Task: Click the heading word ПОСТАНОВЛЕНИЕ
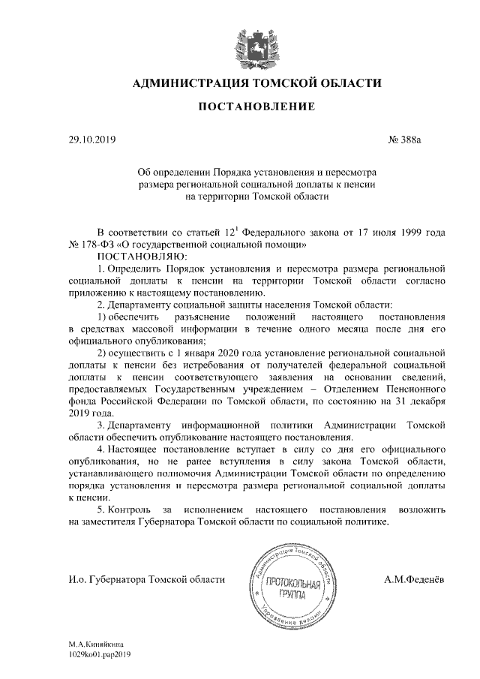(x=256, y=107)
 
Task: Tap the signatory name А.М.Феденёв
(x=411, y=578)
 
